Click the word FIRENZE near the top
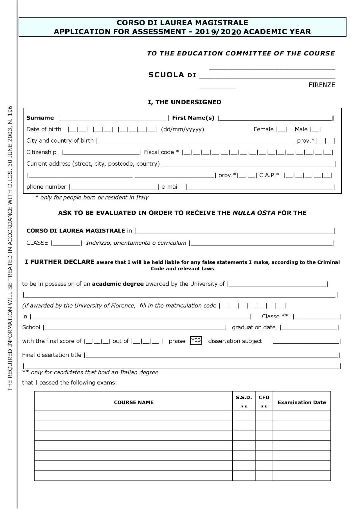[x=321, y=85]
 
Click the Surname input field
[x=114, y=117]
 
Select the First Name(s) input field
[x=275, y=117]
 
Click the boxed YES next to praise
[x=196, y=340]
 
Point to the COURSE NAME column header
[x=134, y=402]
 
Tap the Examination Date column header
[x=302, y=402]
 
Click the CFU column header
[x=264, y=397]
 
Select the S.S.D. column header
[x=244, y=397]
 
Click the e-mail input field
[x=260, y=187]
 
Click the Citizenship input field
[x=101, y=152]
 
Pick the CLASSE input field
[x=67, y=243]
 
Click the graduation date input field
[x=309, y=327]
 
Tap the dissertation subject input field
[x=306, y=341]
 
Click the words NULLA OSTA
[x=254, y=213]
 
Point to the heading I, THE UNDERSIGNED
[x=184, y=102]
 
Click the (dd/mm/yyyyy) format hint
[x=182, y=129]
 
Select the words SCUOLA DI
[x=172, y=75]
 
